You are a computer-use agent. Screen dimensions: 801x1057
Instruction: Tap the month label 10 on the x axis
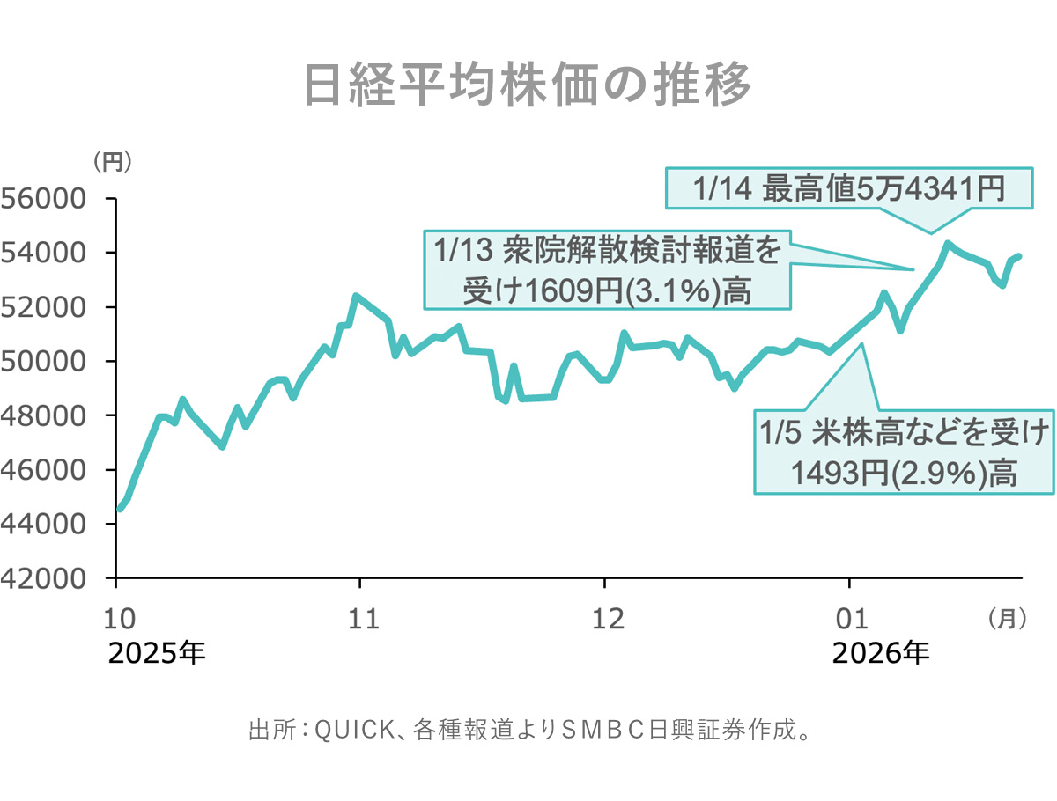[x=119, y=619]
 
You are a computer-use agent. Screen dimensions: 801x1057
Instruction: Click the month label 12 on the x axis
[x=607, y=619]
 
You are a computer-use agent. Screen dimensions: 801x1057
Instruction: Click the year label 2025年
[x=157, y=654]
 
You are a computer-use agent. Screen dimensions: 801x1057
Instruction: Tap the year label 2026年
[x=880, y=654]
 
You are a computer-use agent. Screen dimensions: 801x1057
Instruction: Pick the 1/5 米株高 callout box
[x=904, y=452]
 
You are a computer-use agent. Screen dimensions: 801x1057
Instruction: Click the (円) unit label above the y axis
[x=113, y=162]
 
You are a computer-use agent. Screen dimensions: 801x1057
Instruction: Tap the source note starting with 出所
[x=528, y=731]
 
